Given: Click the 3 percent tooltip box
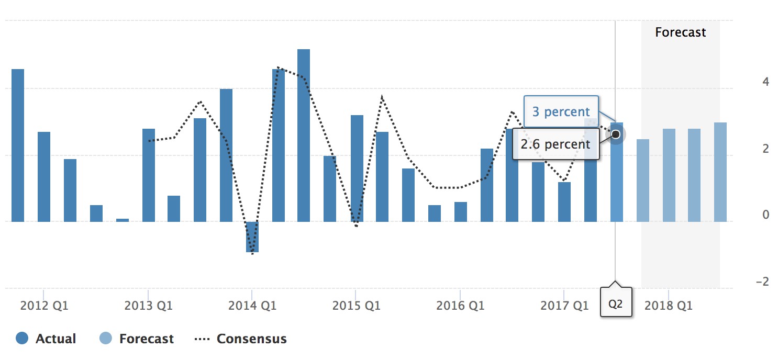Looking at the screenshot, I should [x=561, y=111].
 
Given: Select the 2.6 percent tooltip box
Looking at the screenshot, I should [x=555, y=143].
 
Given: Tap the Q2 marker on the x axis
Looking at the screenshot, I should [x=616, y=302].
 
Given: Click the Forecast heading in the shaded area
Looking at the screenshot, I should [x=680, y=32].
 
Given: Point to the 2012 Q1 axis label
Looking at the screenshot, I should [x=44, y=306].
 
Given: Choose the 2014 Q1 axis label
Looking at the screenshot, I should [x=252, y=306].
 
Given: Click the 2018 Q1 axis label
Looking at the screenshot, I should [x=668, y=306].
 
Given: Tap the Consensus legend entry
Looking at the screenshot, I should [x=241, y=339].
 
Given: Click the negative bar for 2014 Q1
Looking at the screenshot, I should [x=252, y=237].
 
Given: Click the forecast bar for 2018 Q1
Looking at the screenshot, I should [x=669, y=175].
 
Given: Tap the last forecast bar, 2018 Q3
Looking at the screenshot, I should [x=720, y=172].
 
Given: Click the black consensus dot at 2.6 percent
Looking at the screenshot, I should [x=616, y=134].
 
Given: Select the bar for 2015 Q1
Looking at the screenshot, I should [x=357, y=168].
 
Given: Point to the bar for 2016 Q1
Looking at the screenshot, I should [x=460, y=212].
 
